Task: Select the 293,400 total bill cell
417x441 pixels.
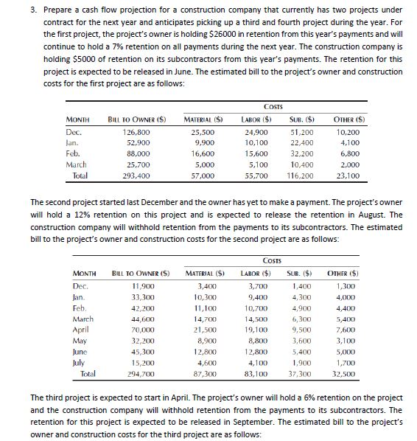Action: [130, 178]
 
